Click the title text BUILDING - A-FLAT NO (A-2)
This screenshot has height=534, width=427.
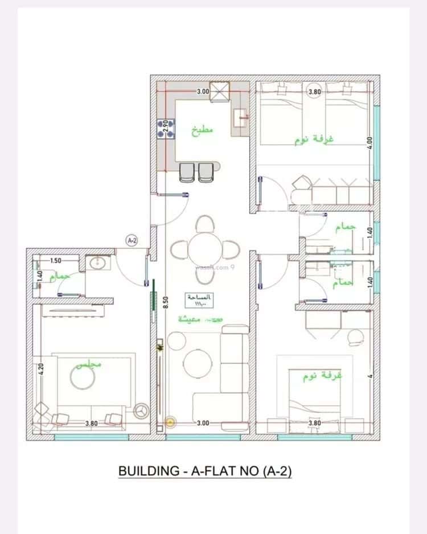[204, 471]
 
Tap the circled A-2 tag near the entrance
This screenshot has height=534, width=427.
[132, 241]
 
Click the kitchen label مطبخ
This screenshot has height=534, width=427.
[202, 130]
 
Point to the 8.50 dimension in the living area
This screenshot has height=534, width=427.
[165, 302]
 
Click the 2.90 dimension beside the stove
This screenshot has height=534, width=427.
[165, 126]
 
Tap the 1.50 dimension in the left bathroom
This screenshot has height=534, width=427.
[55, 261]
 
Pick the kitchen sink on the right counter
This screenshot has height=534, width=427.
[238, 118]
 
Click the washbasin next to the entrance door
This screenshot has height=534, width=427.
[95, 262]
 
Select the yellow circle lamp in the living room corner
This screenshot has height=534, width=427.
[169, 422]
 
